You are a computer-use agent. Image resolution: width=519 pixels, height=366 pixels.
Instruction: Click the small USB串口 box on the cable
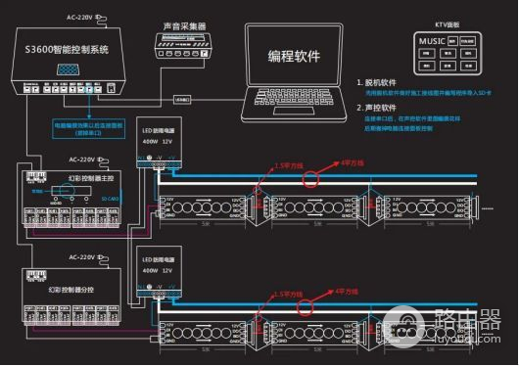(x=183, y=99)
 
